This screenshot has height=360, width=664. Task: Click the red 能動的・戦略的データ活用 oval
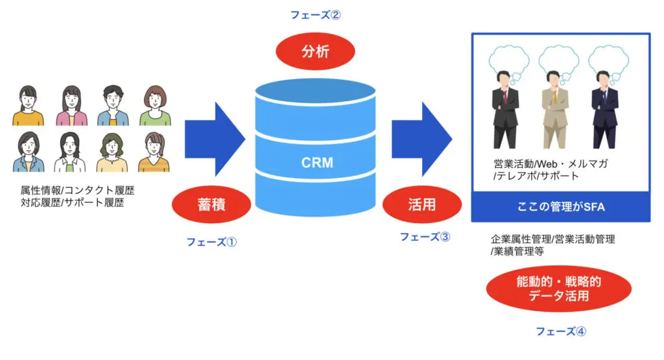558,289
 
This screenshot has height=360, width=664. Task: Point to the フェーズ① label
212,243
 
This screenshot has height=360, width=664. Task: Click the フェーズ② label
315,15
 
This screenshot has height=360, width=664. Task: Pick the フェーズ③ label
425,237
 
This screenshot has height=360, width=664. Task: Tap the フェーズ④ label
561,331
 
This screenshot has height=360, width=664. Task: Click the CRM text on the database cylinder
317,162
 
